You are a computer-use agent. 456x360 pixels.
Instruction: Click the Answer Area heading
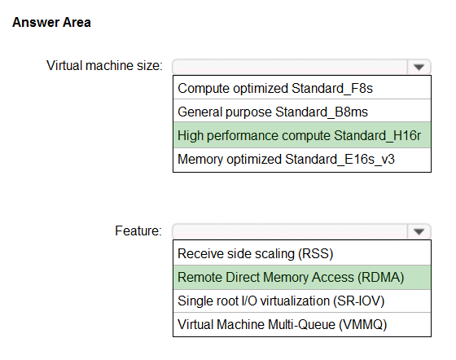51,22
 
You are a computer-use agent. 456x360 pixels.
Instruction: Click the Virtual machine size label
104,65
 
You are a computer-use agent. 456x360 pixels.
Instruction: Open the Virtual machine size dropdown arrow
419,67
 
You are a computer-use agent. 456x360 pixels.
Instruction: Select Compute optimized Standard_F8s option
275,88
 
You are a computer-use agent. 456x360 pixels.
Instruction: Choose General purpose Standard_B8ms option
273,112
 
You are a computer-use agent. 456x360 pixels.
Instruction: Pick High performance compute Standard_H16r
300,135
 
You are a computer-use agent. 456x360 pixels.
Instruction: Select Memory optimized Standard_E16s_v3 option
286,160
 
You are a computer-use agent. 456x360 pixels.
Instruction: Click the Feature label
138,230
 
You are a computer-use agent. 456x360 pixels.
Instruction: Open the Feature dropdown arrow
419,232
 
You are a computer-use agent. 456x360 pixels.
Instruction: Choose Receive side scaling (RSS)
256,253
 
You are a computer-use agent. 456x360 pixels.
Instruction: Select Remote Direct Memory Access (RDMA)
291,277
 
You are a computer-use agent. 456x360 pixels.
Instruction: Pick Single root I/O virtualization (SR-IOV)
281,301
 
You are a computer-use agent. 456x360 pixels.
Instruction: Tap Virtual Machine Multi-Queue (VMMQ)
283,324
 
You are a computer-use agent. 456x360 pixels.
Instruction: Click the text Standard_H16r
378,135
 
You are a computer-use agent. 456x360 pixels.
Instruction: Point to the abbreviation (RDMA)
381,278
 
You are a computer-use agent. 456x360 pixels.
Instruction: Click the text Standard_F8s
332,89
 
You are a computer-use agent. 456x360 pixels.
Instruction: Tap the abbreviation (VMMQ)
363,325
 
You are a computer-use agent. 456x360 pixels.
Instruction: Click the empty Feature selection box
290,232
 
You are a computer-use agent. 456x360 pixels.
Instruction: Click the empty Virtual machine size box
290,67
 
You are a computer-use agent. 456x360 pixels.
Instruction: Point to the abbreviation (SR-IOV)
359,301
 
